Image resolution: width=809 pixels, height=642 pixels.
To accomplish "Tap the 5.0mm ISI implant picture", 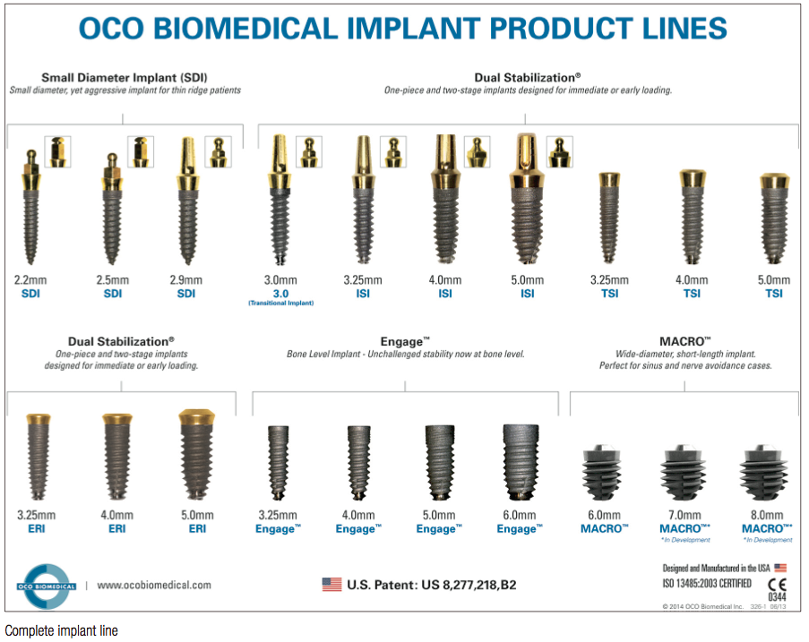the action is click(527, 199).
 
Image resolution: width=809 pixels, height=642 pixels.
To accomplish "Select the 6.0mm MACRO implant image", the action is click(602, 472).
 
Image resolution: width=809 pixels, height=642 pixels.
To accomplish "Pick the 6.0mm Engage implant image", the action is click(521, 462).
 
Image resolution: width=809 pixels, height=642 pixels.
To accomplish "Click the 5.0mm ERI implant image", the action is click(196, 454).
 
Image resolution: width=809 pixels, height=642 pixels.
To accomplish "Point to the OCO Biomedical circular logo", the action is click(47, 586).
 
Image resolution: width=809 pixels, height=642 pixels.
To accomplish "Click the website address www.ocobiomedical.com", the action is click(154, 586).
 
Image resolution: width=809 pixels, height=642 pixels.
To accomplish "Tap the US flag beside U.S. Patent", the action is click(331, 584).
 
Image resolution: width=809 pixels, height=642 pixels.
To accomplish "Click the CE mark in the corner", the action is click(777, 584).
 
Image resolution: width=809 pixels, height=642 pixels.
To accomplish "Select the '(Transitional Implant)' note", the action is click(281, 304).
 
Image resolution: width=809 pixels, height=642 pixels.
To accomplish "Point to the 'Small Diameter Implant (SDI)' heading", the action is click(125, 78).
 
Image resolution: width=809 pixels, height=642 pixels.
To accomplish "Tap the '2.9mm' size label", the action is click(186, 280).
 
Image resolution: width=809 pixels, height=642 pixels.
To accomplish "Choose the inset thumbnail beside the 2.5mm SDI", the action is click(141, 151).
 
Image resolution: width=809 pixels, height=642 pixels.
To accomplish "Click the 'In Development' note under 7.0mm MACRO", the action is click(685, 540).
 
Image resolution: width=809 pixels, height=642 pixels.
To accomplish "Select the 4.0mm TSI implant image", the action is click(692, 217).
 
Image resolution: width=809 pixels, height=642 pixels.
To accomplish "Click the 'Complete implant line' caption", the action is click(62, 630).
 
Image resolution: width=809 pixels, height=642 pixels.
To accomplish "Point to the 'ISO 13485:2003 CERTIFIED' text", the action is click(707, 583).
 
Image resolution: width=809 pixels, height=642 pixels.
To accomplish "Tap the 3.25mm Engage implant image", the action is click(278, 462).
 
